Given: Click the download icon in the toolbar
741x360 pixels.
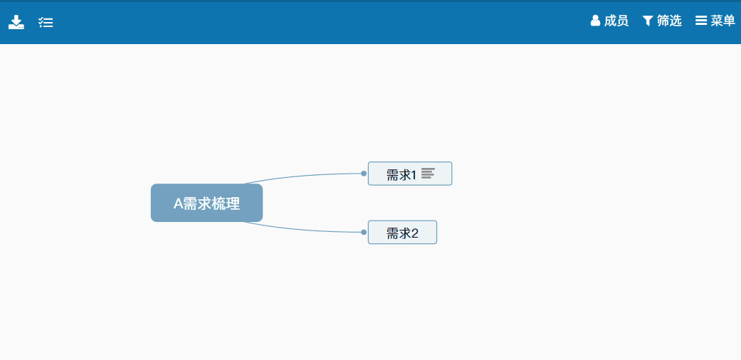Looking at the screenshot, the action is [x=16, y=22].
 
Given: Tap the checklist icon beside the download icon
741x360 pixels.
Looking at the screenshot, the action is [x=46, y=22].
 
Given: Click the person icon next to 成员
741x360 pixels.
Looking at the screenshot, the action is [x=596, y=21].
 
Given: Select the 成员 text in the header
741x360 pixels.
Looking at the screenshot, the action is [x=616, y=21].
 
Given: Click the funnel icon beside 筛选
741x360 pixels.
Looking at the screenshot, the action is [x=648, y=21].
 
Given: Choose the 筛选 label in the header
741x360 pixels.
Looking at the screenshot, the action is [x=669, y=21].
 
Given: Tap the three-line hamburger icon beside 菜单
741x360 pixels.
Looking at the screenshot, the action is [x=701, y=21].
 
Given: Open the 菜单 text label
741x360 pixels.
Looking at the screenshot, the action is [x=723, y=21].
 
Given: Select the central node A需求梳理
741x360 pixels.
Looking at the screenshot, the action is [x=206, y=203].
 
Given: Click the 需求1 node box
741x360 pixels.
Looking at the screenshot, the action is [x=410, y=174].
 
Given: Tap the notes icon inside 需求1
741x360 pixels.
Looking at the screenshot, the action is [x=428, y=174].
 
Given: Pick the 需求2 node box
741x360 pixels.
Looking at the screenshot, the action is [x=402, y=232].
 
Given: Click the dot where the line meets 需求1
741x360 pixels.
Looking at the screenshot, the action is [x=364, y=174].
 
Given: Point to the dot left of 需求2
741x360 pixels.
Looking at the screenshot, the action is [x=364, y=232].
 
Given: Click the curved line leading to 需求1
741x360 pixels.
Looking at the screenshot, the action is [x=303, y=176].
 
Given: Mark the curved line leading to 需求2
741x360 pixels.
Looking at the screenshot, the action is [x=303, y=229].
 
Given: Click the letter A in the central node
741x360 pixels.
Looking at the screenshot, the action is [x=178, y=203].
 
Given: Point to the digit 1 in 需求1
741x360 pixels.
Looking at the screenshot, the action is [x=414, y=175].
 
